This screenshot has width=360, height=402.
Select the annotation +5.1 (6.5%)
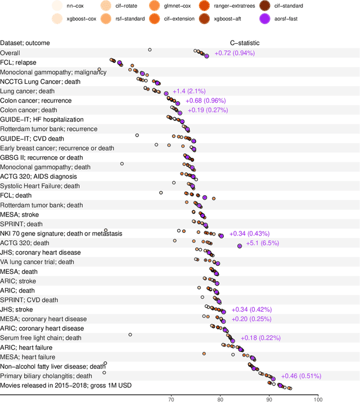tap(263, 243)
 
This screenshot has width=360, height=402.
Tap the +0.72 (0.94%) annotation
tap(235, 53)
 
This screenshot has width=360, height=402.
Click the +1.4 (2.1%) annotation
tap(189, 91)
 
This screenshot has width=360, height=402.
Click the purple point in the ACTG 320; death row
tap(240, 245)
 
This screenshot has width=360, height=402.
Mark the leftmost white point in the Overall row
tap(150, 50)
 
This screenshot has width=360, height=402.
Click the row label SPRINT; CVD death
tap(29, 300)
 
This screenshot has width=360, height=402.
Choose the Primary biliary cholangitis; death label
tap(46, 376)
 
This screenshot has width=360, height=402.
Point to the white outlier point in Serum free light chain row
tap(130, 335)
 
